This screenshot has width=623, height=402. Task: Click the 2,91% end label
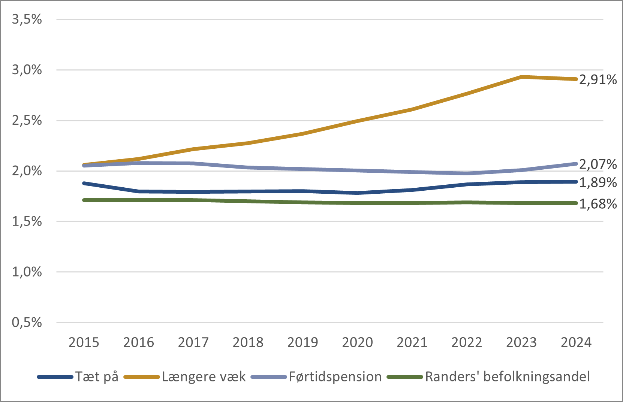point(598,80)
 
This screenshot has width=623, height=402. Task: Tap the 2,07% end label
point(598,164)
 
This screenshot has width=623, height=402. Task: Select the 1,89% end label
point(598,182)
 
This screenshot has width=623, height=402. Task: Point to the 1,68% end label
point(598,204)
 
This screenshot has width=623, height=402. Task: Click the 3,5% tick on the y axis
point(27,19)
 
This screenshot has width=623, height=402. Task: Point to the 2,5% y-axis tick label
point(27,120)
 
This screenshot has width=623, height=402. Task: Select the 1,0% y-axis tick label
point(27,272)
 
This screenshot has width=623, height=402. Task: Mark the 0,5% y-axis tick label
point(27,322)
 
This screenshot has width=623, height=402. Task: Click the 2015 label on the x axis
point(84,342)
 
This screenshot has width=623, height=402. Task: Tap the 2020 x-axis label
point(357,342)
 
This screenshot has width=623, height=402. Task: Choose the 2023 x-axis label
point(521,342)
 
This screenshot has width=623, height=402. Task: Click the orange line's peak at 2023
point(521,77)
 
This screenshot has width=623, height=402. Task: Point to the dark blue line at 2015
point(84,183)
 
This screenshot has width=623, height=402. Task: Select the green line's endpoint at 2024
point(576,203)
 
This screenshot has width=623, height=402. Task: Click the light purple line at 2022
point(467,173)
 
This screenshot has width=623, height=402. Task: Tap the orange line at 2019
point(303,133)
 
